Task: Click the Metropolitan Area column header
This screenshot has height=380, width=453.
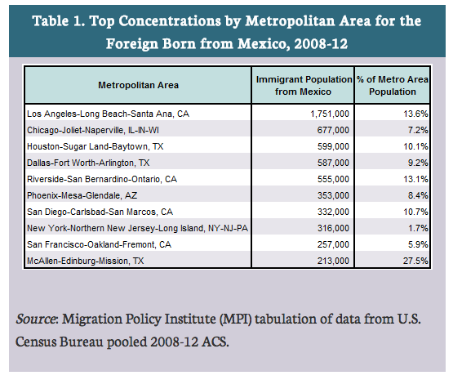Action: pos(138,85)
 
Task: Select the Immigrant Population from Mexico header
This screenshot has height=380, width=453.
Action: pos(304,85)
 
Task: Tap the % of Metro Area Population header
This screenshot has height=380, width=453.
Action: pos(393,85)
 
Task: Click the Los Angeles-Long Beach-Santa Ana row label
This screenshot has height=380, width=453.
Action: pos(108,114)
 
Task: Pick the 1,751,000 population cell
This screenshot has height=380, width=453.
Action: pos(330,114)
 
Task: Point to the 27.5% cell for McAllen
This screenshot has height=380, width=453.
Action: pos(415,261)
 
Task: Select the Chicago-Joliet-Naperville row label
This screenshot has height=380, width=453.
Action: pos(93,131)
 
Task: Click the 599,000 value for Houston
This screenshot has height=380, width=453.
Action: pos(333,146)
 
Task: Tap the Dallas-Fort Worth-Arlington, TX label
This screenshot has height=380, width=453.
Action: pos(88,163)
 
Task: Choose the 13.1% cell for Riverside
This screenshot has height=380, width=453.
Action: pos(415,179)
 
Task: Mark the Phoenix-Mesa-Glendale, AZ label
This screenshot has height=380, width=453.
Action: pos(82,196)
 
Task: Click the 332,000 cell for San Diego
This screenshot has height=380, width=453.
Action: pos(333,212)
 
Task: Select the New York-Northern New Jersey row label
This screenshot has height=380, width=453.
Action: pos(137,229)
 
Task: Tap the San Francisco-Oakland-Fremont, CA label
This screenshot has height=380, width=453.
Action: pos(99,244)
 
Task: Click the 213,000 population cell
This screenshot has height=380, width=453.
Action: pos(333,261)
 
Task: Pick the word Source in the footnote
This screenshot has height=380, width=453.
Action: pos(35,319)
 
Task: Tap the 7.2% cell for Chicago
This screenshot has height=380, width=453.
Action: pos(418,131)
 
